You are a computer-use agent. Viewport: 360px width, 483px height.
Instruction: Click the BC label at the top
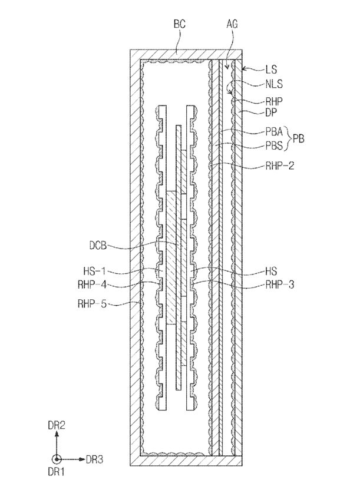click(x=180, y=24)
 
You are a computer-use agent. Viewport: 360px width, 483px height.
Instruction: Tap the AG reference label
click(x=232, y=24)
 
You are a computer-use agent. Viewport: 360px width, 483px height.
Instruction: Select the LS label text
click(x=271, y=70)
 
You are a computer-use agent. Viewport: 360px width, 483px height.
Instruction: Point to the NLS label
click(x=274, y=84)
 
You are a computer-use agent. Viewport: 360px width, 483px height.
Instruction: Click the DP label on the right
click(x=271, y=113)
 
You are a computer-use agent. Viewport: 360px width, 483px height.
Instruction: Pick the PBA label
click(x=274, y=132)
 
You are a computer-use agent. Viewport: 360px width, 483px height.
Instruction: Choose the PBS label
click(x=274, y=145)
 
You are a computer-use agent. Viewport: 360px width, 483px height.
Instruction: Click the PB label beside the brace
click(x=298, y=138)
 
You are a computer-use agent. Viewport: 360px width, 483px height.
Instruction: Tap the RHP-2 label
click(x=280, y=166)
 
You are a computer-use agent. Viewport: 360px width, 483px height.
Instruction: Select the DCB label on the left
click(x=98, y=246)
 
